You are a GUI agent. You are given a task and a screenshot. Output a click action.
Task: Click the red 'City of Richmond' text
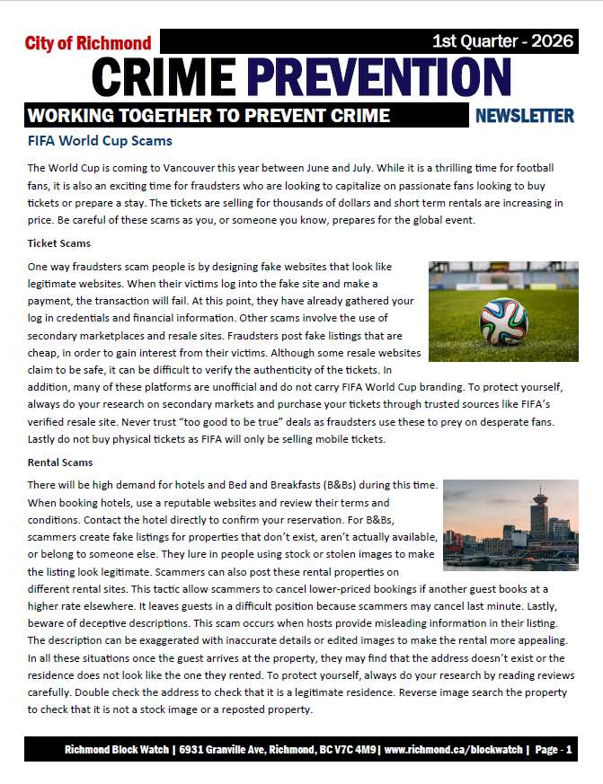(88, 43)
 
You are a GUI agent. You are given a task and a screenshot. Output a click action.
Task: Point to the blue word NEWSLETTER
(524, 116)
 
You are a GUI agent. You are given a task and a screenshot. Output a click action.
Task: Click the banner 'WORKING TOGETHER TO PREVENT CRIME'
(208, 116)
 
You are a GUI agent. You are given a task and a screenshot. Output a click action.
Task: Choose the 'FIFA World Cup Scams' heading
(100, 142)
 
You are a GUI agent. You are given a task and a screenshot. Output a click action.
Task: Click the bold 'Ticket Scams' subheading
(58, 243)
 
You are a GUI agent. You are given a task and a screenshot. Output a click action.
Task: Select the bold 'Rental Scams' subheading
(59, 462)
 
